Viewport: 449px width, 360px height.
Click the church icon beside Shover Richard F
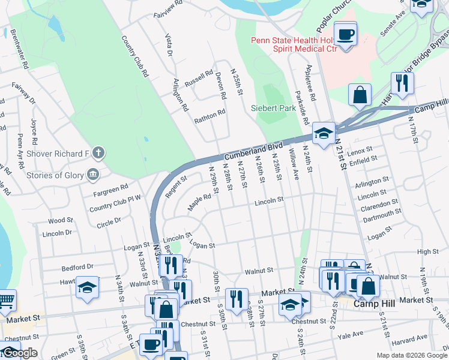[98, 154]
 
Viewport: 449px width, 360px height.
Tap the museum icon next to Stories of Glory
[92, 175]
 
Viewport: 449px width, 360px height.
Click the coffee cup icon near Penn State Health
[345, 34]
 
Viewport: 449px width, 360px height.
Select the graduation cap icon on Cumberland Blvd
[324, 134]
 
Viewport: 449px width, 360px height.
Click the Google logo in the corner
[19, 353]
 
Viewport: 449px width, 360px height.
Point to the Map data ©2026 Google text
[411, 355]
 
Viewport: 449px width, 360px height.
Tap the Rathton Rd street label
[209, 116]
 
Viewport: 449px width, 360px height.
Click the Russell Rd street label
[199, 79]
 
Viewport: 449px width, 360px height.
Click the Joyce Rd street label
[34, 127]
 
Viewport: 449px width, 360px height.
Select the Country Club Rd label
[134, 56]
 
